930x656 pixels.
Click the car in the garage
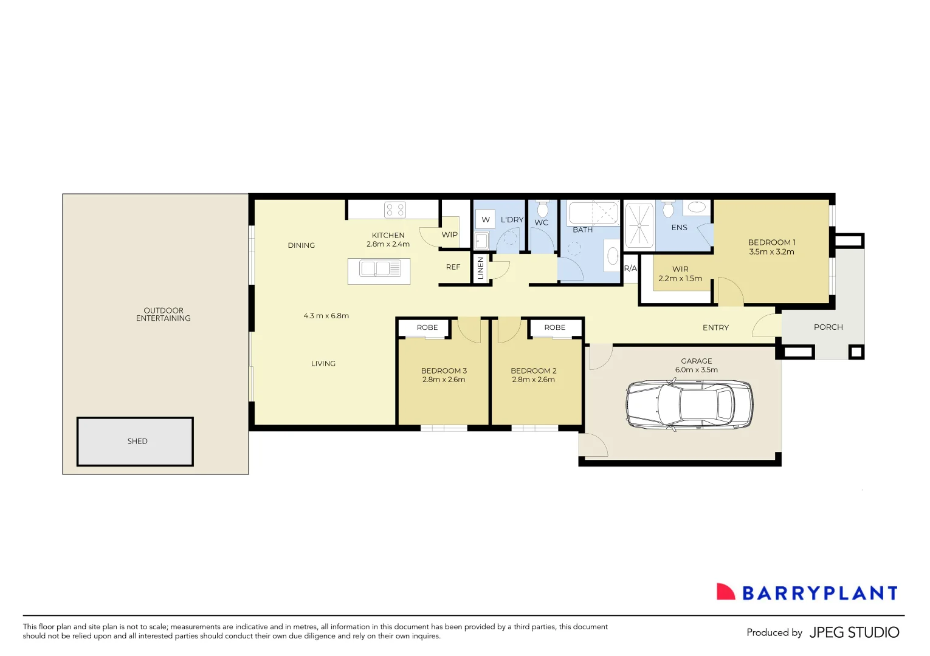click(x=689, y=405)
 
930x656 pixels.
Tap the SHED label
click(x=137, y=441)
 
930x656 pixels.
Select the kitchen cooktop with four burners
click(x=395, y=210)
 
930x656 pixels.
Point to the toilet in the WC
click(x=542, y=209)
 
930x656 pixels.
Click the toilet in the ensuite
click(x=668, y=209)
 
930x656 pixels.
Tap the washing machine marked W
click(x=485, y=219)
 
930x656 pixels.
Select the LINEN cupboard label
click(x=481, y=268)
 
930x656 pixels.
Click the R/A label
click(x=630, y=268)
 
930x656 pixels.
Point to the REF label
click(x=453, y=267)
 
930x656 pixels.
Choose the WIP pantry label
click(x=449, y=234)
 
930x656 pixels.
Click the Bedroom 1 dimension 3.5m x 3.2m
click(x=771, y=251)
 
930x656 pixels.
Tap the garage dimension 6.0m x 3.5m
click(x=696, y=370)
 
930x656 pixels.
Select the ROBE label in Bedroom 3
click(x=427, y=327)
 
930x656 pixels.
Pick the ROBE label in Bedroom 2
click(x=555, y=327)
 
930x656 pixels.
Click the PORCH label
click(x=828, y=327)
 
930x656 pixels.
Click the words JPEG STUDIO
click(x=854, y=632)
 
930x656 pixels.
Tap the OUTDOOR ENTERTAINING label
click(x=163, y=314)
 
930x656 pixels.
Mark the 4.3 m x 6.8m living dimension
click(x=326, y=316)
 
